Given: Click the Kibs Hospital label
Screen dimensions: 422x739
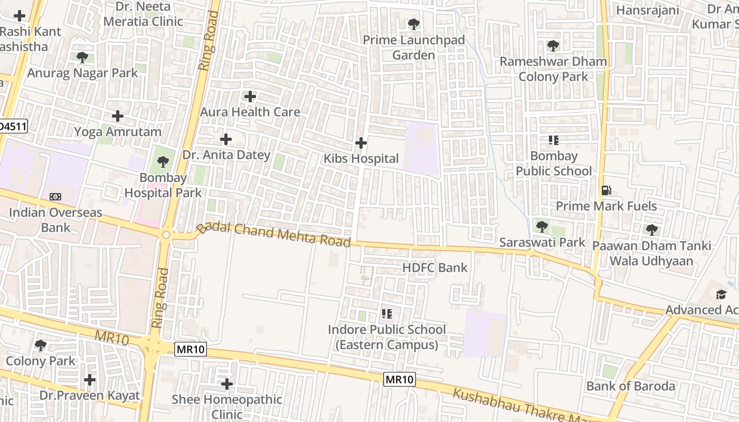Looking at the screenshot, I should point(361,158).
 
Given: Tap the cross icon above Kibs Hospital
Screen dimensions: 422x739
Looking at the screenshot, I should point(361,143).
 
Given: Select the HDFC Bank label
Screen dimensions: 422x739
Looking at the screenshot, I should point(435,267).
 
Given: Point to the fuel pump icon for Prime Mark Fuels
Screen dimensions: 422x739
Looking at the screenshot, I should point(606,190).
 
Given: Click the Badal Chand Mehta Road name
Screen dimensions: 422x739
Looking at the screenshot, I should point(273,234).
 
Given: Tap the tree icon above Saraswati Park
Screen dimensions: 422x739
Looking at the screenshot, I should point(542,227).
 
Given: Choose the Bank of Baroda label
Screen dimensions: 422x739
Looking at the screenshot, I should point(631,386).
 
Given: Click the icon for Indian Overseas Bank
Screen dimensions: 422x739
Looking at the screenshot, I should point(55,197).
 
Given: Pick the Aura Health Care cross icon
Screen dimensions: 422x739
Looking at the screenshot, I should point(250,97).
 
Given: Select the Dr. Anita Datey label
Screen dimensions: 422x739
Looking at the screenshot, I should point(226,155).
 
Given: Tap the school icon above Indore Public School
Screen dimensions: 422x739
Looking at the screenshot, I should point(387,314).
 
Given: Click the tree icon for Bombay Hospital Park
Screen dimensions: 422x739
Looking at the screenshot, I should point(163,162).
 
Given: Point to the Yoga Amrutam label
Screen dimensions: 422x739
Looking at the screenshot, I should point(118,131).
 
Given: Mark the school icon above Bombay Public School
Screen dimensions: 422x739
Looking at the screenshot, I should point(553,140).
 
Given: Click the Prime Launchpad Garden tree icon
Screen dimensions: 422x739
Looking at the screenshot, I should point(413,24).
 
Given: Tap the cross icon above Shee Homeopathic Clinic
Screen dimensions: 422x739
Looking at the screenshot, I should point(227,384).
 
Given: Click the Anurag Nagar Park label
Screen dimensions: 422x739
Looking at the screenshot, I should point(82,73).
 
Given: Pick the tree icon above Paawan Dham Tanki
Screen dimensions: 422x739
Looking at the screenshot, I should point(652,230).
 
